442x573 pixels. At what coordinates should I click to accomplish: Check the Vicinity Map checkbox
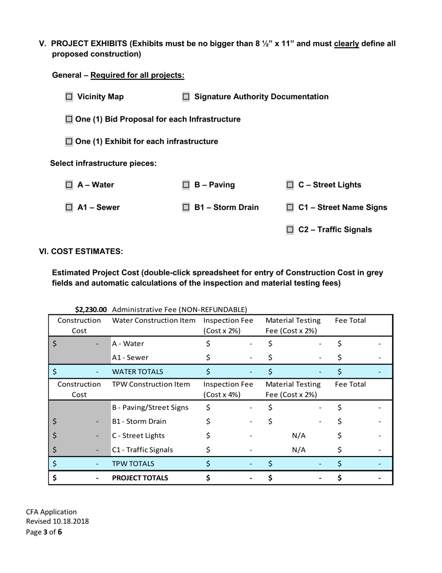coord(69,97)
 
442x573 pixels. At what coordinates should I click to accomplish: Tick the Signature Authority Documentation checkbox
coord(186,97)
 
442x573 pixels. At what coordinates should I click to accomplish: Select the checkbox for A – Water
coord(69,185)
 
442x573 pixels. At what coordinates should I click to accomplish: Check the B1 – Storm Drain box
coord(186,207)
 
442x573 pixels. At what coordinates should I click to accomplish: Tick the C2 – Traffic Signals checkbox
coord(290,230)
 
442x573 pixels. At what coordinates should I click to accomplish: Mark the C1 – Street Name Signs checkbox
coord(290,207)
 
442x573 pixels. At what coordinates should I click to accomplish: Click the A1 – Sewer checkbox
coord(69,207)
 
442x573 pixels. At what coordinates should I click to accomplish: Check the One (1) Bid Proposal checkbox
coord(69,119)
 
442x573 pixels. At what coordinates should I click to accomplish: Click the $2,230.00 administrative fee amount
coord(91,309)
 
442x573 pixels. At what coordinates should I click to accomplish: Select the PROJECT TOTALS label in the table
coord(140,478)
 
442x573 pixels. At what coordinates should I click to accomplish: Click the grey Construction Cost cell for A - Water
coord(79,344)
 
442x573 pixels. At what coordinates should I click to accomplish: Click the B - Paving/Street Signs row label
coord(150,408)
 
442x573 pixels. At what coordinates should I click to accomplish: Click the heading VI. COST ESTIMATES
coord(81,252)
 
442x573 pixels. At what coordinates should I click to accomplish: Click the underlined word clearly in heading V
coord(346,44)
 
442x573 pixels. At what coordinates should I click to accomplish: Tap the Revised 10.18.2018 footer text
coord(57,521)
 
